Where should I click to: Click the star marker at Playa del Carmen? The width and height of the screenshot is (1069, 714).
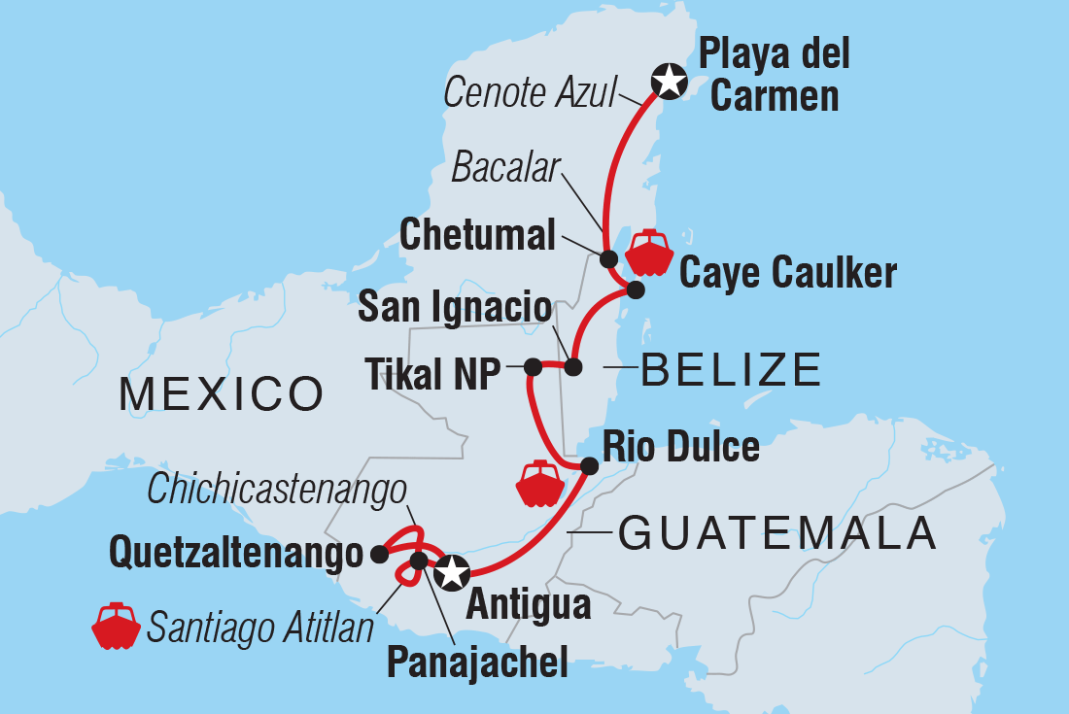(669, 81)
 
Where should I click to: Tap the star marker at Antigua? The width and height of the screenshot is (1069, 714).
(451, 573)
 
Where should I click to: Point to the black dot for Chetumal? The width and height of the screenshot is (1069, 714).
(608, 258)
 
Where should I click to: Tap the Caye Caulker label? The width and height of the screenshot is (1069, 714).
(787, 274)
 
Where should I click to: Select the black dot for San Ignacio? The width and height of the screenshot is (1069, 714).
(573, 367)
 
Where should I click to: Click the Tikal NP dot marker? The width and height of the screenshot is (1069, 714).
(533, 367)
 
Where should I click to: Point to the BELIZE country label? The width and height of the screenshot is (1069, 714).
(732, 370)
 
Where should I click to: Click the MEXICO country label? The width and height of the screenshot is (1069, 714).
(221, 393)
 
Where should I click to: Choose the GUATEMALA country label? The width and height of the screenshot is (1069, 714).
(777, 533)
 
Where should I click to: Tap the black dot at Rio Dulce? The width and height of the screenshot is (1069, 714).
(588, 467)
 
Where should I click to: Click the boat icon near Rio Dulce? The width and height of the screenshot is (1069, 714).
(535, 484)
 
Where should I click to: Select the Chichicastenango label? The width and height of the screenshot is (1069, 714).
(276, 491)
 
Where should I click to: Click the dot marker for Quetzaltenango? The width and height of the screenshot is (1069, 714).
(379, 555)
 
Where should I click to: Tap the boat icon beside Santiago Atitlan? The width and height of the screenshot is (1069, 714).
(116, 627)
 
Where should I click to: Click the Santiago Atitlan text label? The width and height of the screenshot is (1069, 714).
(260, 629)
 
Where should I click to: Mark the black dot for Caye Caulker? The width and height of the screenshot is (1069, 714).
(636, 289)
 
